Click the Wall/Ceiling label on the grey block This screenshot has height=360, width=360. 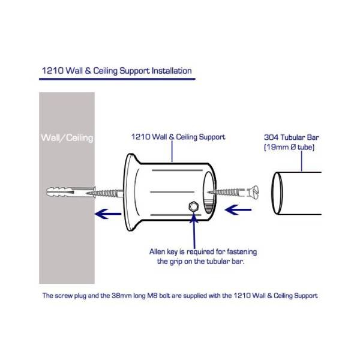pyautogui.click(x=67, y=138)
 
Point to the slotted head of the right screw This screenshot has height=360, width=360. pyautogui.click(x=252, y=192)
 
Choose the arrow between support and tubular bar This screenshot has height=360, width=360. pyautogui.click(x=238, y=211)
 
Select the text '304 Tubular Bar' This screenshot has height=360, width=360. pyautogui.click(x=292, y=136)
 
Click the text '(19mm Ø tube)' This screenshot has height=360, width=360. pyautogui.click(x=289, y=146)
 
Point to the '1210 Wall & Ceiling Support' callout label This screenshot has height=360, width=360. pyautogui.click(x=178, y=137)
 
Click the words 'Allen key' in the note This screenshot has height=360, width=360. pyautogui.click(x=163, y=251)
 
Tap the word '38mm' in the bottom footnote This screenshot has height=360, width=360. pyautogui.click(x=149, y=295)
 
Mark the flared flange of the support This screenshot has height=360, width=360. pyautogui.click(x=130, y=193)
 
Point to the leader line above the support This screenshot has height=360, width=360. pyautogui.click(x=173, y=152)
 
